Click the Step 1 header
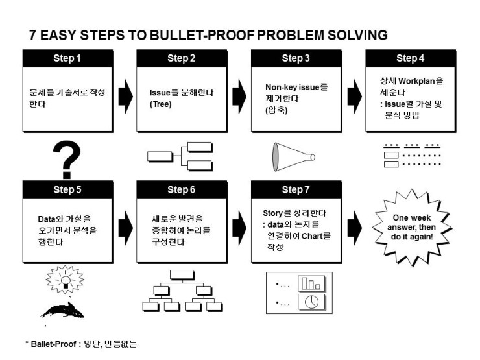(x=67, y=58)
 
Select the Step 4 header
(x=411, y=58)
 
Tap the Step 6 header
(x=182, y=190)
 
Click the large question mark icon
(x=67, y=160)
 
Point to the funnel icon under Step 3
(x=294, y=157)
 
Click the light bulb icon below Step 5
(x=65, y=280)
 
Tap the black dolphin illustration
(x=63, y=310)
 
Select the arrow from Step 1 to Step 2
(x=125, y=97)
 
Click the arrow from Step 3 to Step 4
(x=355, y=97)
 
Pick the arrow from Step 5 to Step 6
(x=125, y=228)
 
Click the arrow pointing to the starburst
(x=355, y=228)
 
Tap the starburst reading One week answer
(x=412, y=228)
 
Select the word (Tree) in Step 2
(x=161, y=104)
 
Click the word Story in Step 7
(x=272, y=213)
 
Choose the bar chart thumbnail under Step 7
(x=311, y=283)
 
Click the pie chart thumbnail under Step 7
(x=311, y=302)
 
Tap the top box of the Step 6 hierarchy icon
(x=182, y=275)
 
